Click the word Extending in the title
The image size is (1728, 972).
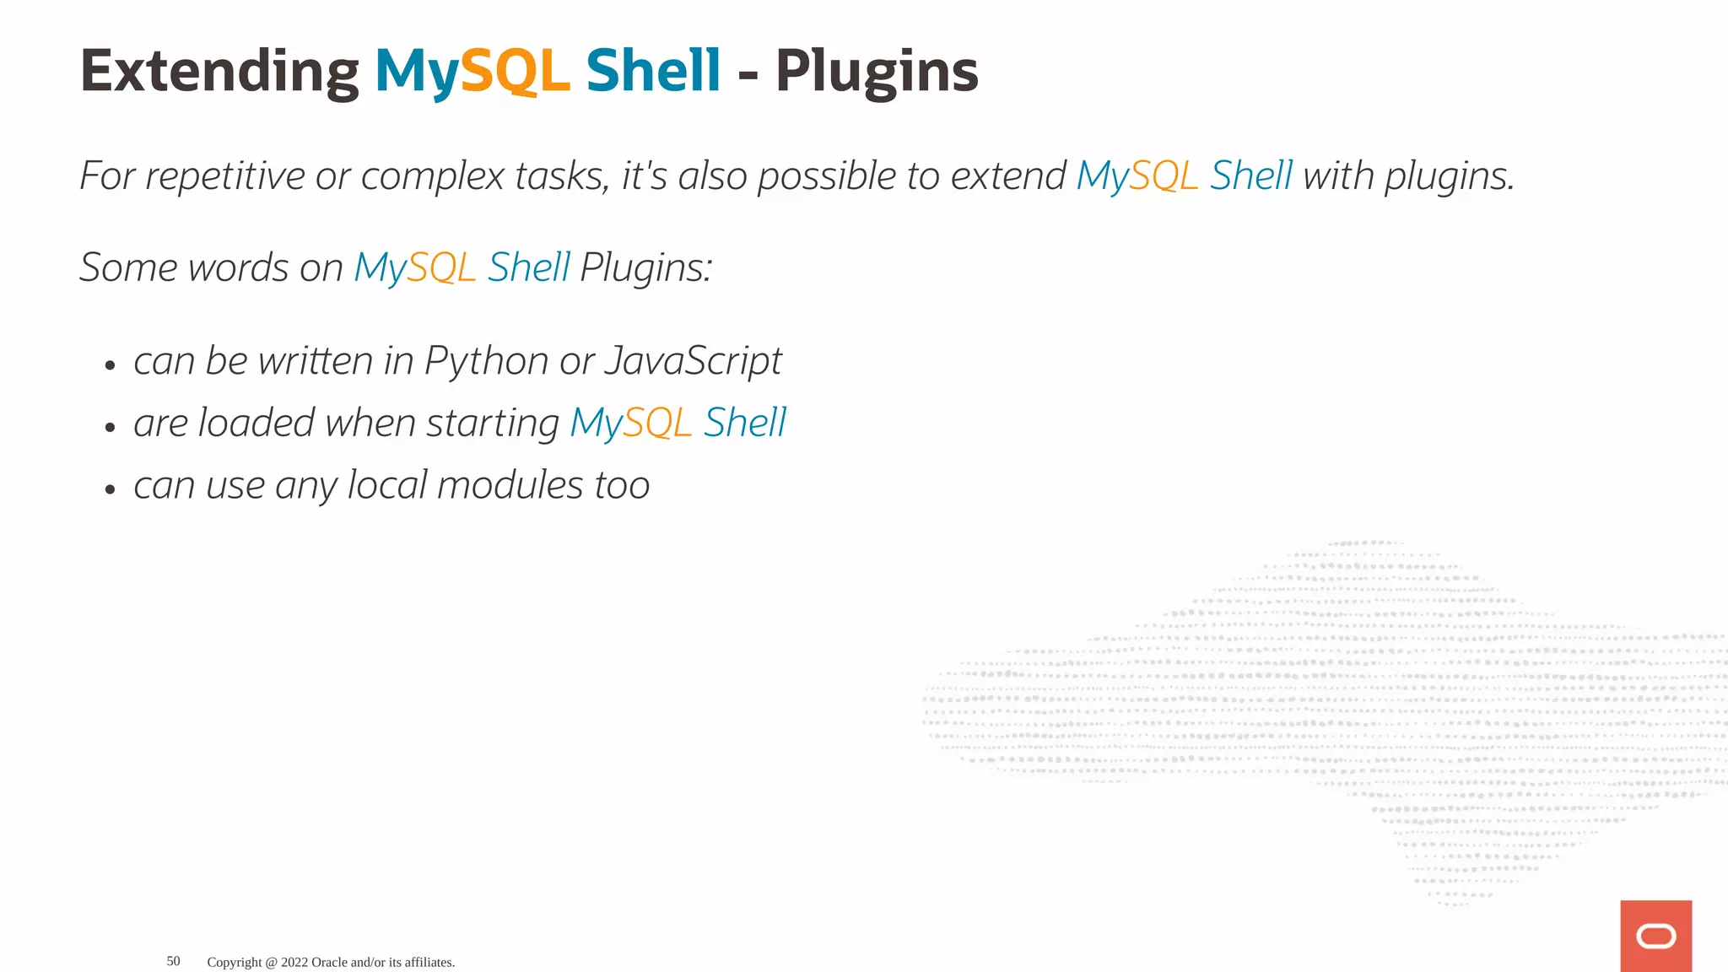point(219,72)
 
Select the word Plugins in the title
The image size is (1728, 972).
point(877,72)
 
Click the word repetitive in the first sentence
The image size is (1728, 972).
point(225,176)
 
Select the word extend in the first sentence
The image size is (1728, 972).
point(1008,176)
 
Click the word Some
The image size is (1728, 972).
point(128,267)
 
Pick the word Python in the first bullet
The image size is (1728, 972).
point(487,361)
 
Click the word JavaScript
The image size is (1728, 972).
point(694,361)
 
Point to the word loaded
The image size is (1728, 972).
point(256,423)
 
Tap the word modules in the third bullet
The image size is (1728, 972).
point(510,485)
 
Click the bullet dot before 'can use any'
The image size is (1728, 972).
point(110,489)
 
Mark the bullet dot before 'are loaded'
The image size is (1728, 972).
point(110,428)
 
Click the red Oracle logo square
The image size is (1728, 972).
point(1655,936)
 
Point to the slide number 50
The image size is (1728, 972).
point(173,961)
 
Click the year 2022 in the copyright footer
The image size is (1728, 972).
point(294,962)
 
